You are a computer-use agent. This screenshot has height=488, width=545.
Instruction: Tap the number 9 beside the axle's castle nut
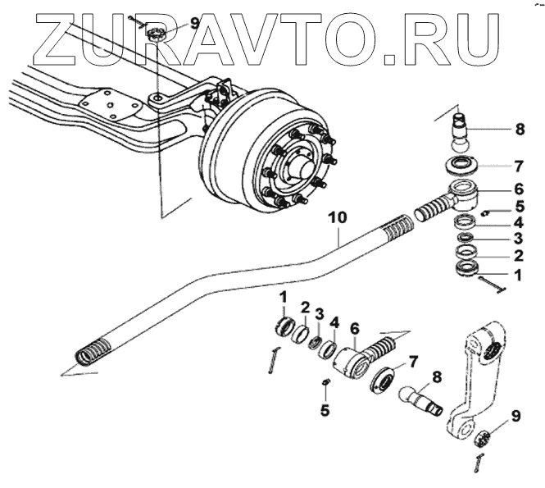tap(195, 23)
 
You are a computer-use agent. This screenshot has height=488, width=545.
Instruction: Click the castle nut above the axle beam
tap(157, 34)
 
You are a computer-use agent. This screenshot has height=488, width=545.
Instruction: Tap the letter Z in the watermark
tap(51, 36)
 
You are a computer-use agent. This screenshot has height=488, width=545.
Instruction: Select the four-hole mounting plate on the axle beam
tap(107, 107)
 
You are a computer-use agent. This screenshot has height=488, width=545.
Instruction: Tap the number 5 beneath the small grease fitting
tap(324, 411)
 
